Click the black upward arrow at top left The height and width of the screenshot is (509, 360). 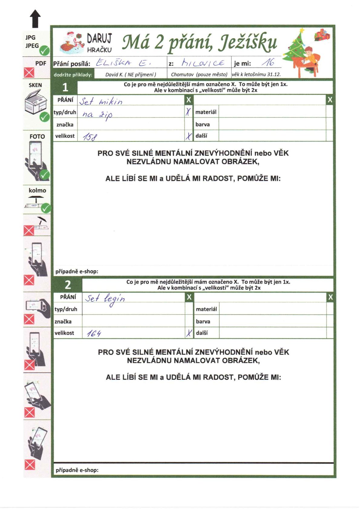35,18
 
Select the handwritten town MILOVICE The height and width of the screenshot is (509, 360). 203,63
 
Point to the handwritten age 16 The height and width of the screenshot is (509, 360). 268,63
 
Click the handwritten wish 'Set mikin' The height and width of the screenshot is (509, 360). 101,101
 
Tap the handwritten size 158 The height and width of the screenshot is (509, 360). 90,137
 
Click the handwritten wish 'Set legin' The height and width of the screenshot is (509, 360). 105,299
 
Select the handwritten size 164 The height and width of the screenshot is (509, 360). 94,333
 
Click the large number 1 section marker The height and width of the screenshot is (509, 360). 65,87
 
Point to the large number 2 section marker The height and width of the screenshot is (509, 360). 68,285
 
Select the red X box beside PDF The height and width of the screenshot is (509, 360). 29,73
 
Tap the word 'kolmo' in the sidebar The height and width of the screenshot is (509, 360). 37,190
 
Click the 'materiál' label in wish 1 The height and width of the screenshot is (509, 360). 206,112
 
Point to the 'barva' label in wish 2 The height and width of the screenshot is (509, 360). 203,321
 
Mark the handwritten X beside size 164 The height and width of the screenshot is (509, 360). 189,333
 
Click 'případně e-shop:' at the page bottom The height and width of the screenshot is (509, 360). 77,470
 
